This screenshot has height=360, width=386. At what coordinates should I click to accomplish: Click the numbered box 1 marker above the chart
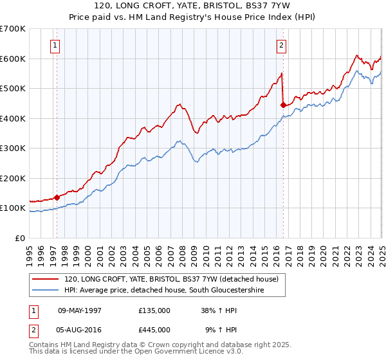pos(55,46)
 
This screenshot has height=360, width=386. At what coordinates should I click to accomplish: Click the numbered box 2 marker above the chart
pos(282,46)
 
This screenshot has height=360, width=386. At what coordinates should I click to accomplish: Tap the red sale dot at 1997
pos(57,197)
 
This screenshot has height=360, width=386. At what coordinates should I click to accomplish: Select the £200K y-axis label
pos(13,178)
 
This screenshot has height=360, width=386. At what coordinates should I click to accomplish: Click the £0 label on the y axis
pos(19,238)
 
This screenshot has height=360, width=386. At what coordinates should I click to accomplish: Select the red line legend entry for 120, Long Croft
pos(170,279)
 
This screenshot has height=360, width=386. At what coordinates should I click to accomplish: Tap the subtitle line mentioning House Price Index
pos(193,18)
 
